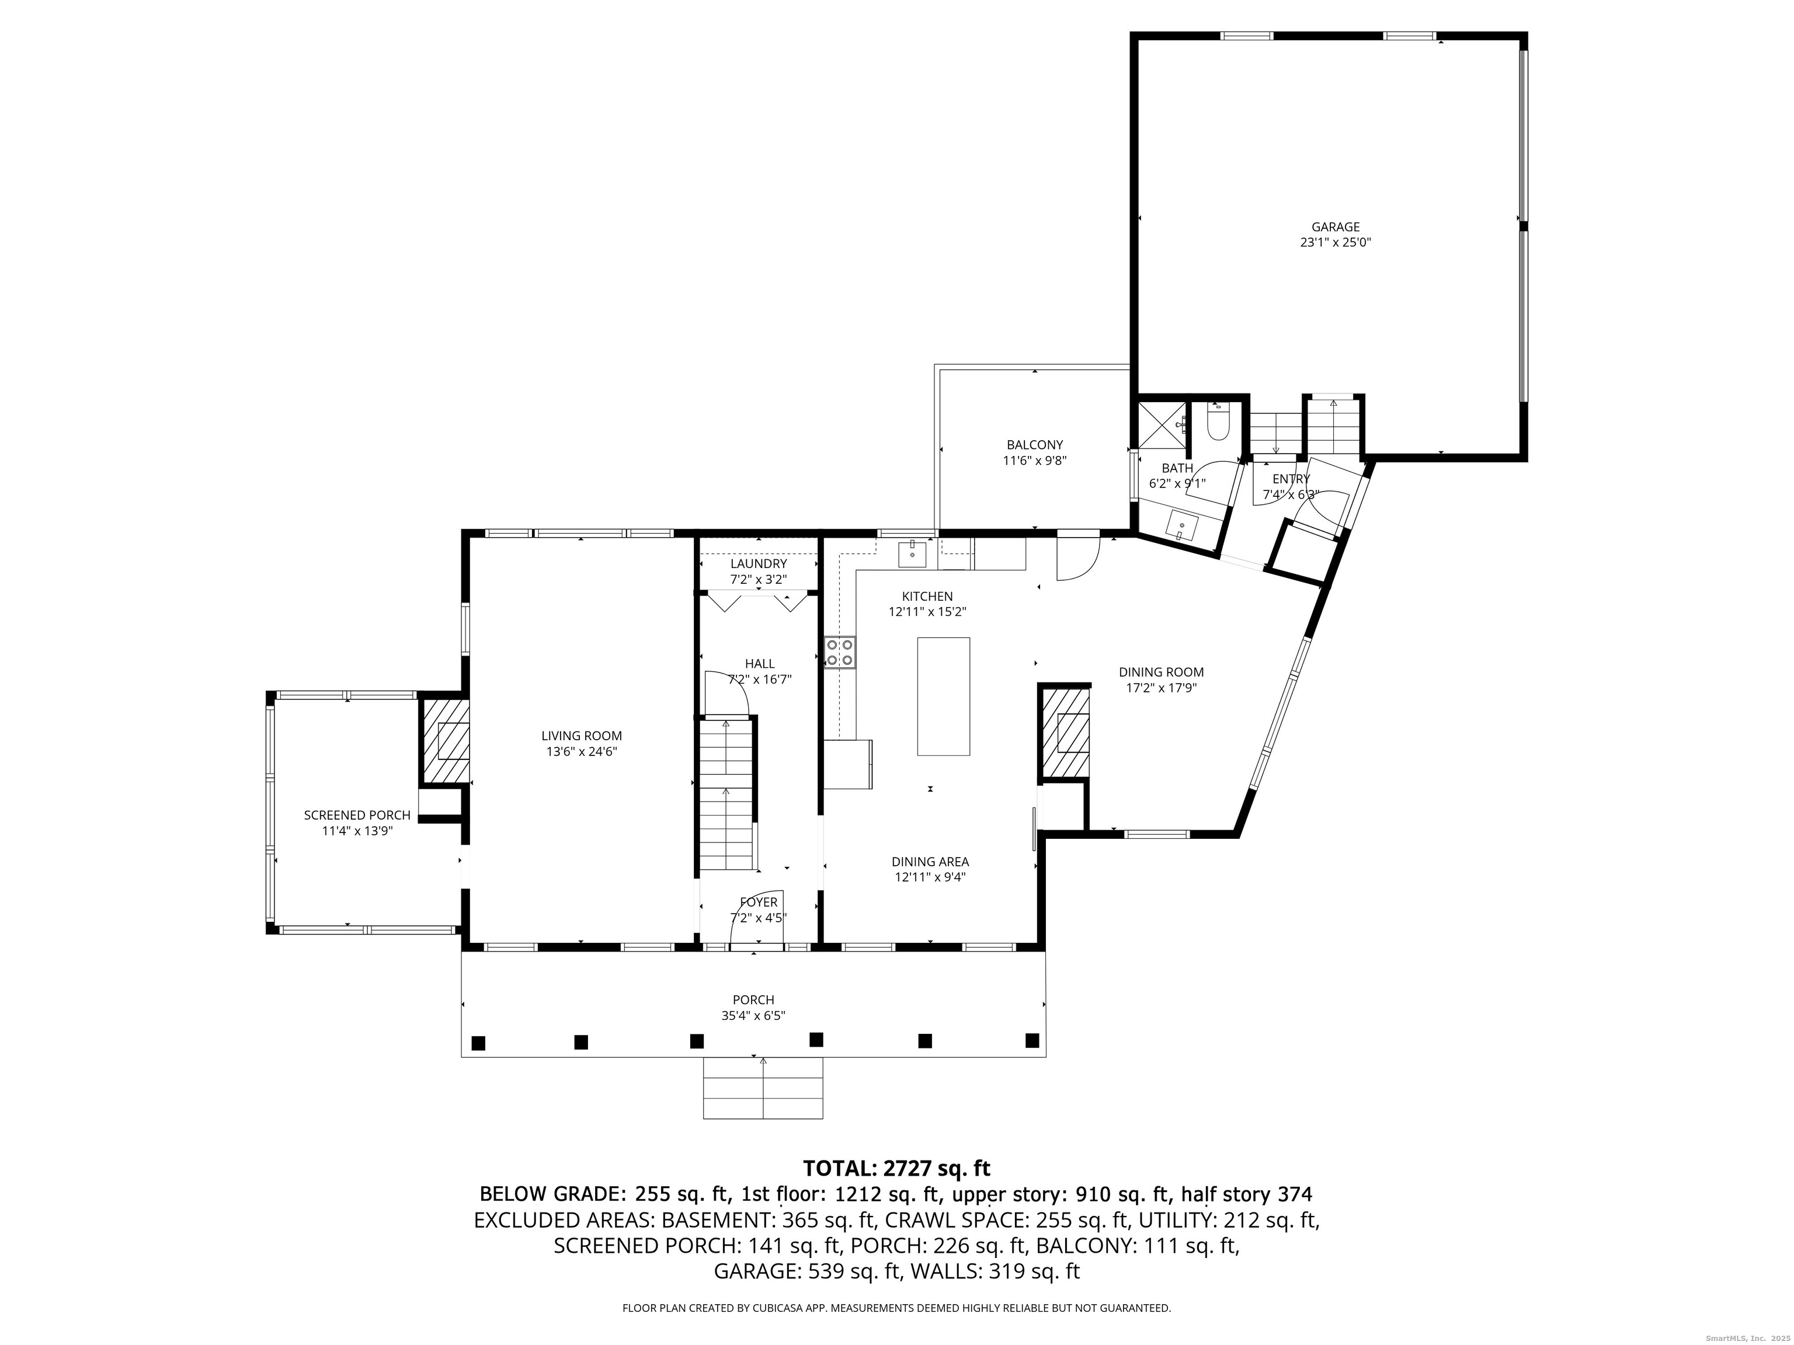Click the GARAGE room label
(1335, 227)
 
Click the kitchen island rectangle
(943, 696)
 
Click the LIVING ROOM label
(582, 736)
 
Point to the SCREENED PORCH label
(357, 815)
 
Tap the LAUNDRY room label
(759, 563)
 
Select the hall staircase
(726, 795)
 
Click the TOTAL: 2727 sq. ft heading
(896, 1168)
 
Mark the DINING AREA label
(930, 862)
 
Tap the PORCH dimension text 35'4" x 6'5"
(753, 1015)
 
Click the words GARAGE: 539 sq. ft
(808, 1271)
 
